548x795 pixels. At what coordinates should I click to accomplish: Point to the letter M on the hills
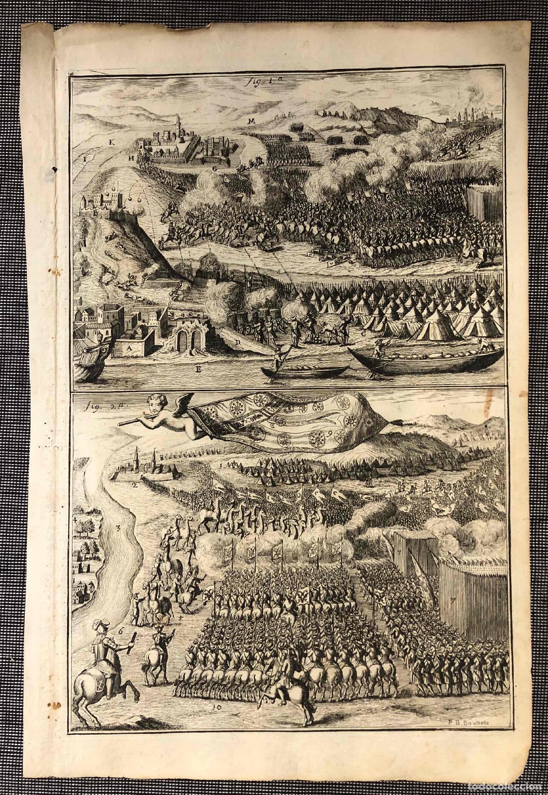(x=251, y=120)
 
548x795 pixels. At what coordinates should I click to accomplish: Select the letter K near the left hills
(x=111, y=142)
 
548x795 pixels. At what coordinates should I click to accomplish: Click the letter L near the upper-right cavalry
(x=480, y=147)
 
